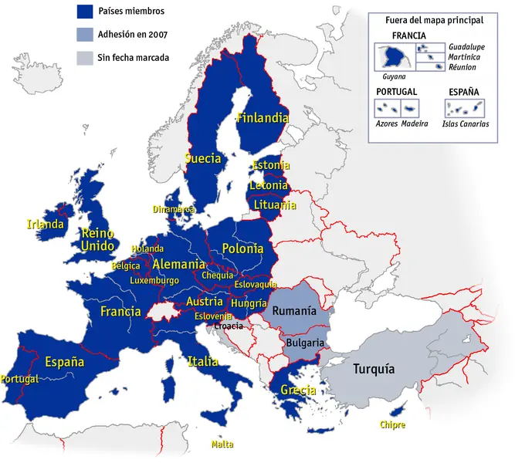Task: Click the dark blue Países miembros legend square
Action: click(84, 11)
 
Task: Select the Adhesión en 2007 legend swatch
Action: click(84, 34)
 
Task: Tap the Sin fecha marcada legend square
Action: click(84, 57)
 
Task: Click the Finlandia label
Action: click(263, 119)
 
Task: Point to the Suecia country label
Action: click(203, 158)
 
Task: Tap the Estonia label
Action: click(271, 165)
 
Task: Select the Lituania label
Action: click(274, 205)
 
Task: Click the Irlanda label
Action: click(45, 225)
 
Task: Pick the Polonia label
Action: click(242, 248)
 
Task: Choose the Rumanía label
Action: click(294, 311)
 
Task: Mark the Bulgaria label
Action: click(305, 342)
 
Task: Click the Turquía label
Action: click(374, 369)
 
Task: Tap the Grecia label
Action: click(298, 390)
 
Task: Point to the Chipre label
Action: click(392, 424)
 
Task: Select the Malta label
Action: click(222, 444)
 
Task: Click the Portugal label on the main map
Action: click(19, 379)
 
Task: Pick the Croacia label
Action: click(229, 326)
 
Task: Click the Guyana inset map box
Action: click(394, 57)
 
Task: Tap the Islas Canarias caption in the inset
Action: click(465, 123)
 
